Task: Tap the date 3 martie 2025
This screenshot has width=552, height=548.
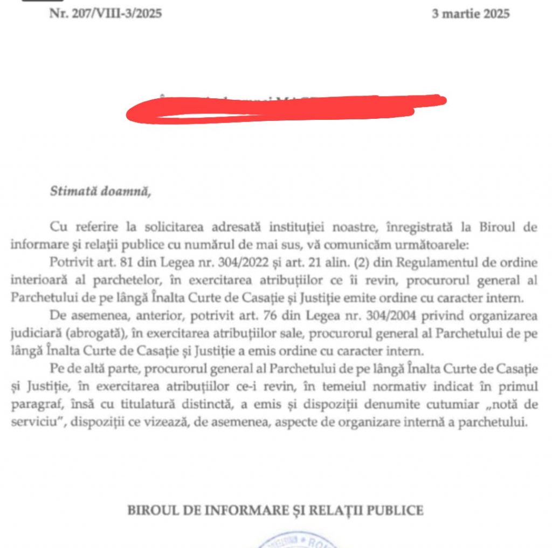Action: point(470,14)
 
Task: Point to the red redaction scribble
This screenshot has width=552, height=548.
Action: point(286,107)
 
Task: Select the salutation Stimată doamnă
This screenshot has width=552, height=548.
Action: point(99,191)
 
